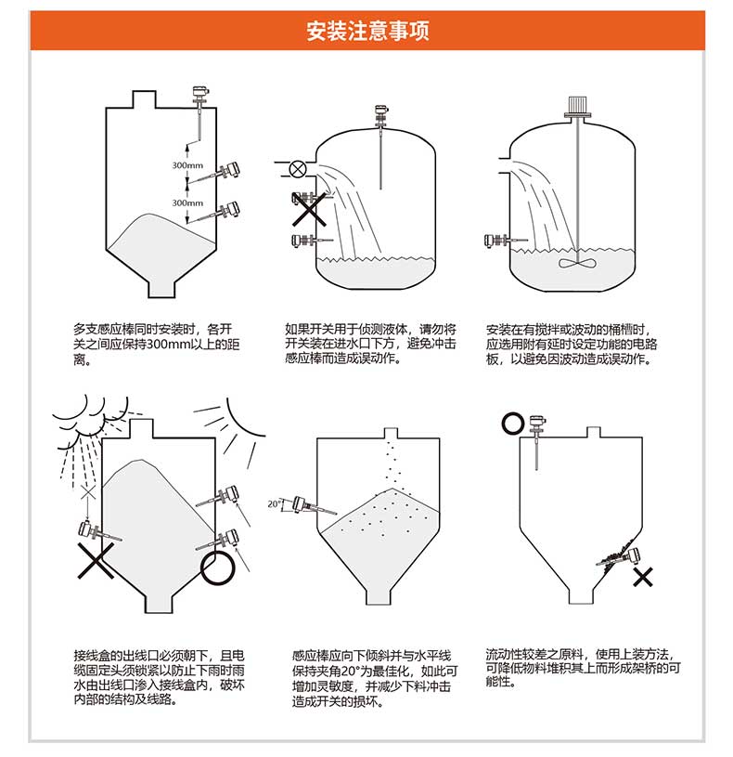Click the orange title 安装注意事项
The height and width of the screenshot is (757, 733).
[x=366, y=31]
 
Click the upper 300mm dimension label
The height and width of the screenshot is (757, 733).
[x=186, y=165]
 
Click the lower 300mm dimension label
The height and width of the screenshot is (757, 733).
[x=186, y=202]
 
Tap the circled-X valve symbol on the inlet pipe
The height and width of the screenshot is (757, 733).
[x=297, y=168]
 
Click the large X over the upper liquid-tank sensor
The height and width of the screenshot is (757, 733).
[x=310, y=210]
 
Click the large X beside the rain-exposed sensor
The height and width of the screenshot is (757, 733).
[x=96, y=560]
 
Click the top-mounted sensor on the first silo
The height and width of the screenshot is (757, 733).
[x=198, y=96]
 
